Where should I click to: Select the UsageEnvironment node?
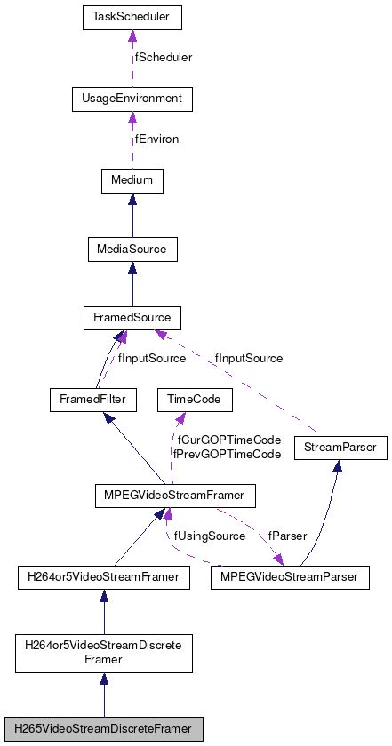click(132, 98)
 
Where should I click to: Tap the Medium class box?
click(132, 180)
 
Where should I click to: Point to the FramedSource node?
click(132, 317)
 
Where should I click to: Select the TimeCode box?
click(195, 400)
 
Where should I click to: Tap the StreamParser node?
click(340, 449)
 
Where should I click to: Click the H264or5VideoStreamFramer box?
click(105, 577)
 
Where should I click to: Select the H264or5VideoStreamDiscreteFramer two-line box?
click(105, 653)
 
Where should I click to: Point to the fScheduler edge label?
click(164, 57)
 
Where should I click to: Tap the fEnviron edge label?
click(159, 139)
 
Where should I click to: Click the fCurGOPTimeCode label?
click(228, 440)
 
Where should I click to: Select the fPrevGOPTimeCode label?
click(228, 454)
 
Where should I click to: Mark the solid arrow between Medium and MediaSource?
click(132, 215)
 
